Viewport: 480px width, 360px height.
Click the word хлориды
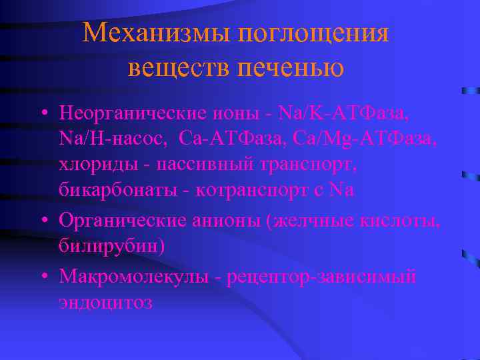91,164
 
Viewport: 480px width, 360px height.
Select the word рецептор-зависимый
321,275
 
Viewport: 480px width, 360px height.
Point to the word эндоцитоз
105,301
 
